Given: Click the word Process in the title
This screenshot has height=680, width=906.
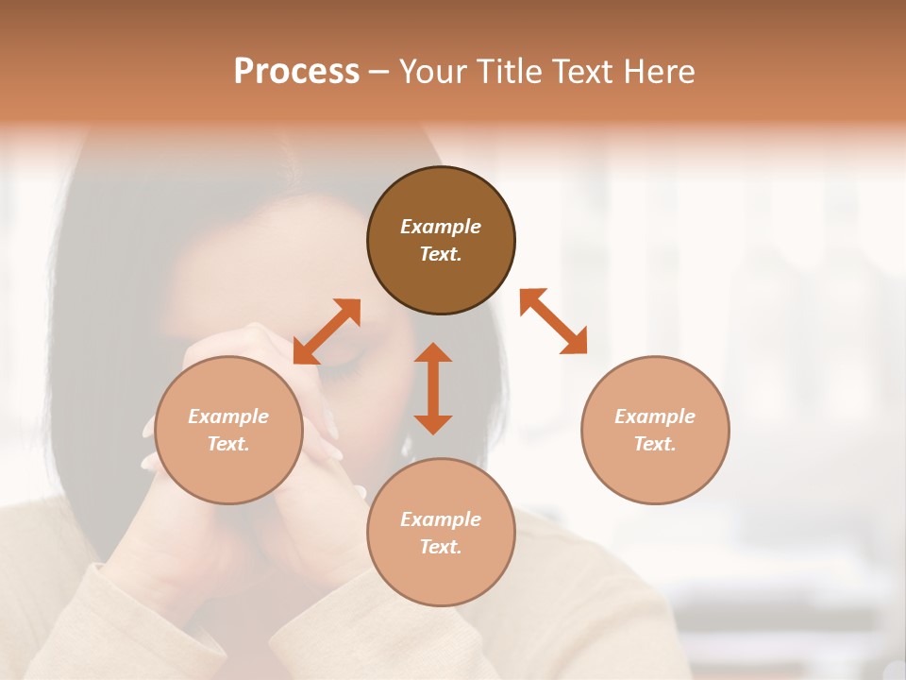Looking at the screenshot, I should pos(296,72).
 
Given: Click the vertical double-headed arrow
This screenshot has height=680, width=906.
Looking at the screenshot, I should pos(433,388).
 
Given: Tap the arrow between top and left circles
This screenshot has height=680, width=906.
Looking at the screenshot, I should pos(327,331).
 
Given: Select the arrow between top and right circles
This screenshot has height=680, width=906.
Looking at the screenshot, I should pos(553,321).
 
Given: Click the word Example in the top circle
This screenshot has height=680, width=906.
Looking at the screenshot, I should pos(441,227).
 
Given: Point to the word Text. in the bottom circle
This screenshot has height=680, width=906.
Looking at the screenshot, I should pos(441,547).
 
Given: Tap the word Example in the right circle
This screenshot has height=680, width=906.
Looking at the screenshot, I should pos(655,416).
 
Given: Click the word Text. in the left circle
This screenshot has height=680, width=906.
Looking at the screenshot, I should pos(228,444).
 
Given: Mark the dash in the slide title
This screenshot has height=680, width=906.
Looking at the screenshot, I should pos(378,72).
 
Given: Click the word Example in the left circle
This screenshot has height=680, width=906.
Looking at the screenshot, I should pos(228,416).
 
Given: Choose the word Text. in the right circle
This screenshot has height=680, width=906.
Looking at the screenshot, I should pos(655,444).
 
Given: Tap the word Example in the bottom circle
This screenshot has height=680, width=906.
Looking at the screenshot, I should pos(441,519).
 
